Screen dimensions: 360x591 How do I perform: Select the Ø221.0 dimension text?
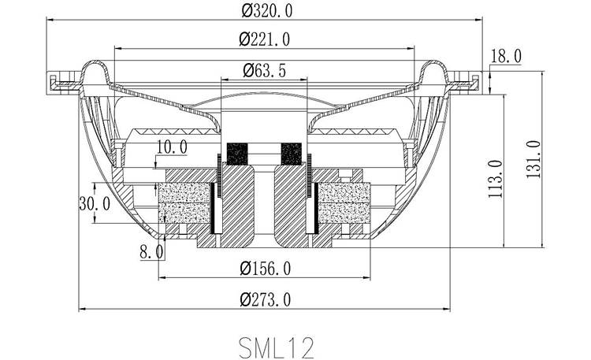tap(265, 39)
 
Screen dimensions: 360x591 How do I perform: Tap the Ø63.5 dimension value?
tap(265, 70)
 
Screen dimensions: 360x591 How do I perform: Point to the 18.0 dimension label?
tap(505, 56)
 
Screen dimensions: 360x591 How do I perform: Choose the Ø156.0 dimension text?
tap(265, 269)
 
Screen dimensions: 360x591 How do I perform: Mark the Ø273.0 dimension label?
tap(265, 299)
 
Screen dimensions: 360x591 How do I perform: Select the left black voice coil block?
tap(237, 151)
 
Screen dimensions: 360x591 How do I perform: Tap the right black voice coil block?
tap(291, 151)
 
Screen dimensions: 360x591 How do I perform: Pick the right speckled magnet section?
tap(343, 204)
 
